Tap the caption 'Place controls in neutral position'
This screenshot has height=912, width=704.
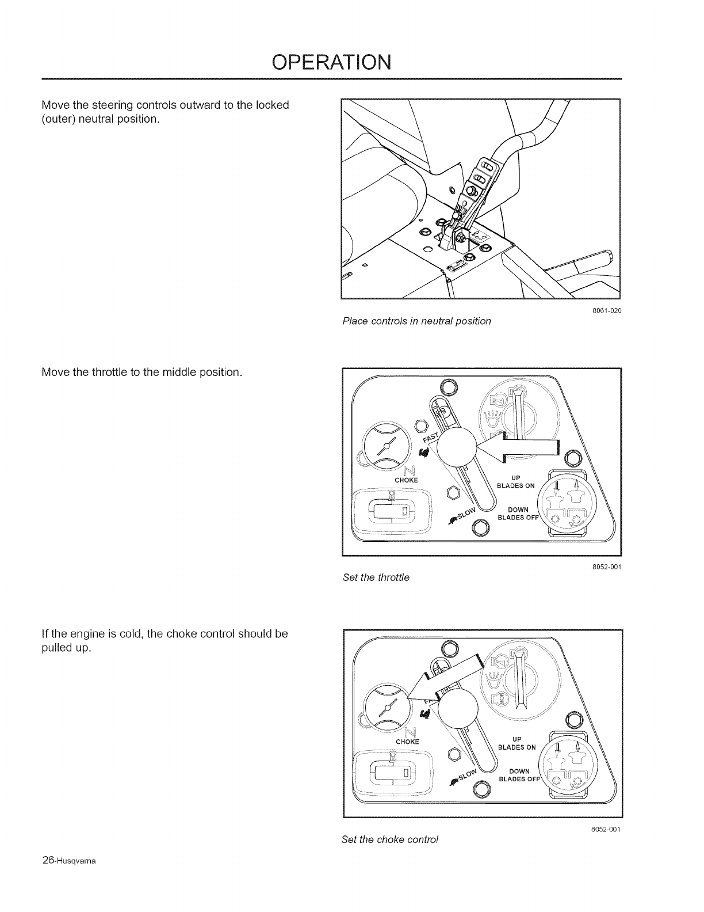[x=416, y=321]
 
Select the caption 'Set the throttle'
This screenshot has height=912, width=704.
[x=376, y=577]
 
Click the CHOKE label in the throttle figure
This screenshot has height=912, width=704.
[x=406, y=480]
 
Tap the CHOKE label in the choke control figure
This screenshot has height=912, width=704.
[x=406, y=742]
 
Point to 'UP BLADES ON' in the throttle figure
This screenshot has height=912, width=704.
[x=516, y=482]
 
